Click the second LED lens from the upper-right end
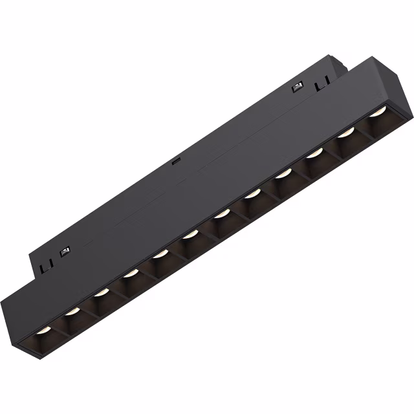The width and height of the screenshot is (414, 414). coord(347,133)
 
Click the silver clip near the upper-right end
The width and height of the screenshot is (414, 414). coord(298,87)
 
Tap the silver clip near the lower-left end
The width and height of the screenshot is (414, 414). coord(65,252)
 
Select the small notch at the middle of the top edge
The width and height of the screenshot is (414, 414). coord(175,162)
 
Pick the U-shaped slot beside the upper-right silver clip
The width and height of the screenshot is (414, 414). coord(321,84)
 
